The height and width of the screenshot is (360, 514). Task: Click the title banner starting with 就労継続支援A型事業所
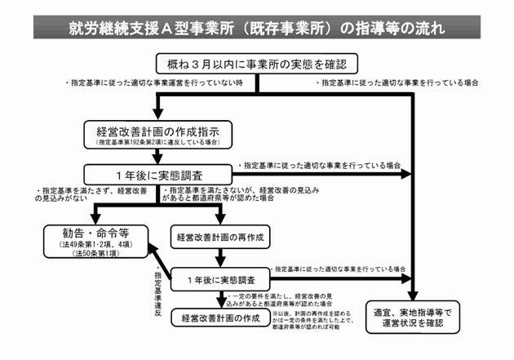click(x=257, y=28)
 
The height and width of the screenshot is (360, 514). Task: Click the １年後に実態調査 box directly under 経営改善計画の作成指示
click(x=152, y=173)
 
